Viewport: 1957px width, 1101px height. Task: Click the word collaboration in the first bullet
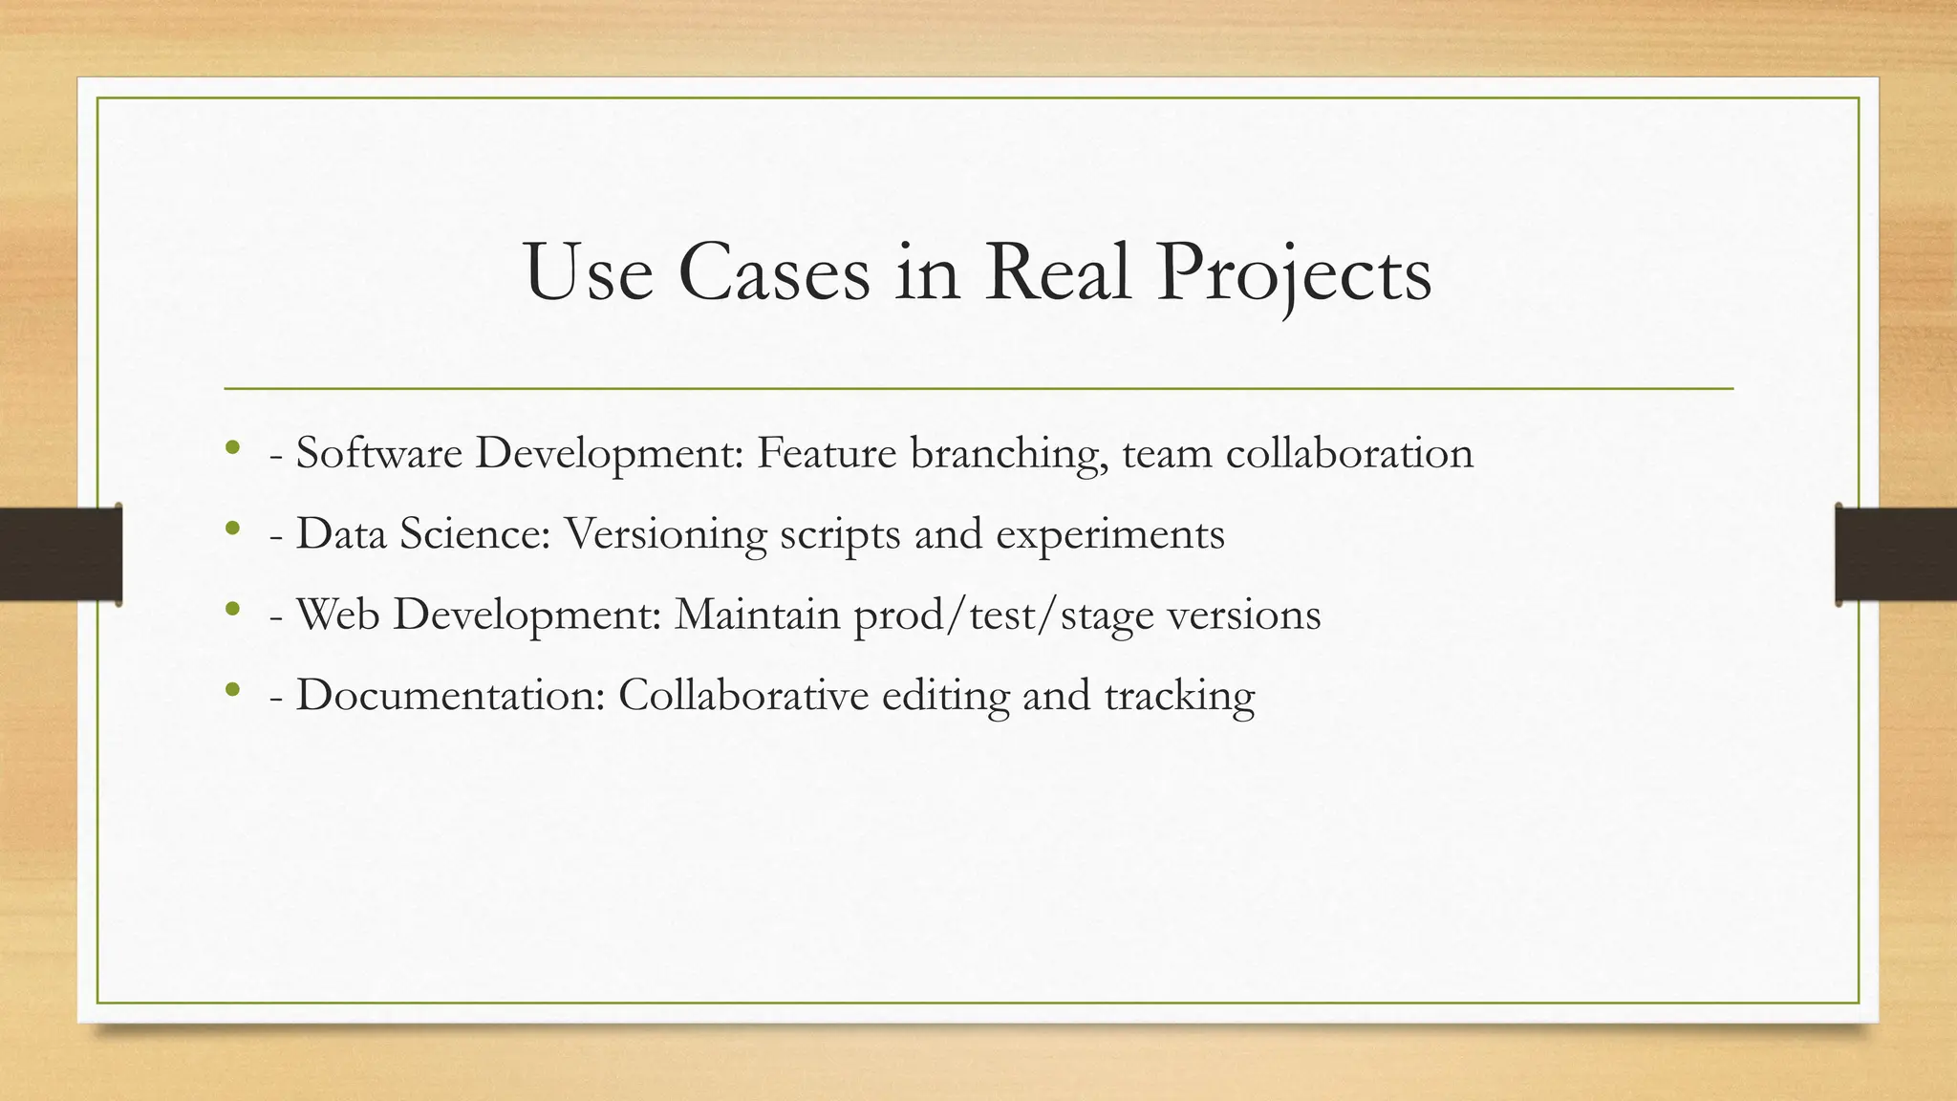pyautogui.click(x=1349, y=453)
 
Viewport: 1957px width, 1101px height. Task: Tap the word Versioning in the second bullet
pyautogui.click(x=665, y=533)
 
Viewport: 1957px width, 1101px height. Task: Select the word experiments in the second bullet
pyautogui.click(x=1109, y=533)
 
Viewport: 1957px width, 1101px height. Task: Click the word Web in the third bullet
pyautogui.click(x=338, y=614)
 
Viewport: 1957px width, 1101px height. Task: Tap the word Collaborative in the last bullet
pyautogui.click(x=743, y=695)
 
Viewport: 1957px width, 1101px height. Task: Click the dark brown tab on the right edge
pyautogui.click(x=1896, y=554)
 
